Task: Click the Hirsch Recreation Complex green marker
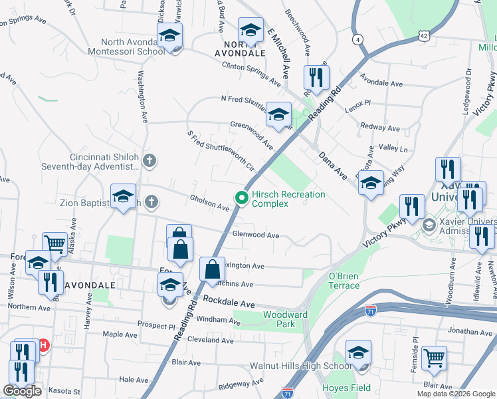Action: pyautogui.click(x=241, y=198)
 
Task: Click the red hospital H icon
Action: pyautogui.click(x=44, y=345)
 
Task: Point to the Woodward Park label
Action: pyautogui.click(x=284, y=319)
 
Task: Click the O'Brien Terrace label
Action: pyautogui.click(x=344, y=281)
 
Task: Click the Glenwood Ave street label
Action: pyautogui.click(x=256, y=235)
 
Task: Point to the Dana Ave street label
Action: pyautogui.click(x=333, y=166)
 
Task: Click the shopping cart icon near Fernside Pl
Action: pyautogui.click(x=434, y=358)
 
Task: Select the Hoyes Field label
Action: pyautogui.click(x=340, y=388)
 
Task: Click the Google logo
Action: pyautogui.click(x=22, y=391)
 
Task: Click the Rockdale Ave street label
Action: pyautogui.click(x=229, y=303)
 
